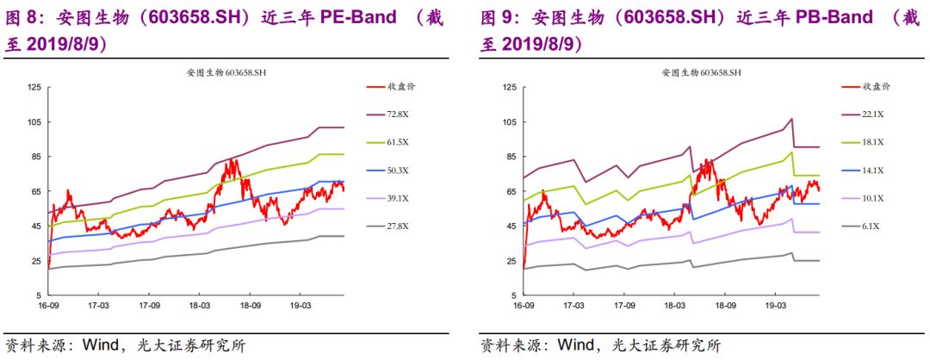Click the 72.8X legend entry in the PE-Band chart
(398, 114)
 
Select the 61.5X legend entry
(398, 141)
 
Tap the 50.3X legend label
(398, 169)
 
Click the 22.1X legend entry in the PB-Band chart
(872, 114)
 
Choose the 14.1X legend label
(872, 169)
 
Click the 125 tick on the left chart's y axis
(34, 87)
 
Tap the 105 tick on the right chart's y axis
(508, 121)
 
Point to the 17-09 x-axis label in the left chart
(151, 305)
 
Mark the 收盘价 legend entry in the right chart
(876, 86)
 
